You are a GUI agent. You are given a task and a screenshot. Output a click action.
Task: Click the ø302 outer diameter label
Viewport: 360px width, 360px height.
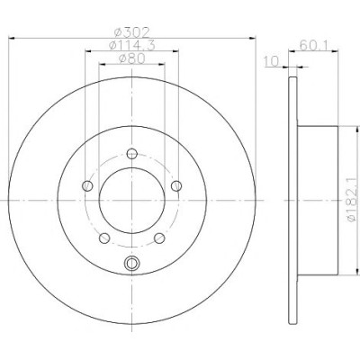point(132,31)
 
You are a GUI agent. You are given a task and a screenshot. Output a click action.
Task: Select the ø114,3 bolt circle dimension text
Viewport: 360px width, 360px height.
point(132,45)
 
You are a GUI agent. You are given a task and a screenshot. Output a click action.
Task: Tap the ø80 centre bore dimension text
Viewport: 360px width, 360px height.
point(132,58)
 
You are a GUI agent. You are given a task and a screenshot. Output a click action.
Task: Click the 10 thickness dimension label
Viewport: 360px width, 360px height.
point(272,61)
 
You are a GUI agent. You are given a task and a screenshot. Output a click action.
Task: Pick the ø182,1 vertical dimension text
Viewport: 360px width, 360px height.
point(353,200)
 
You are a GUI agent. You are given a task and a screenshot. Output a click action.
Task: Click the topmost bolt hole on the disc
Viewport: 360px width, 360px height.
point(132,154)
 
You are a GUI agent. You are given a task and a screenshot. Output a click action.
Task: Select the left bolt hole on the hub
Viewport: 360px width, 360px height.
point(87,186)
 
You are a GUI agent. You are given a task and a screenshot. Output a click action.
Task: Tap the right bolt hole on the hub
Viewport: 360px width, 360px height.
point(176,186)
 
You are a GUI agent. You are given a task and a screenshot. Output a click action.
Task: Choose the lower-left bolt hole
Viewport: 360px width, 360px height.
point(104,238)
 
